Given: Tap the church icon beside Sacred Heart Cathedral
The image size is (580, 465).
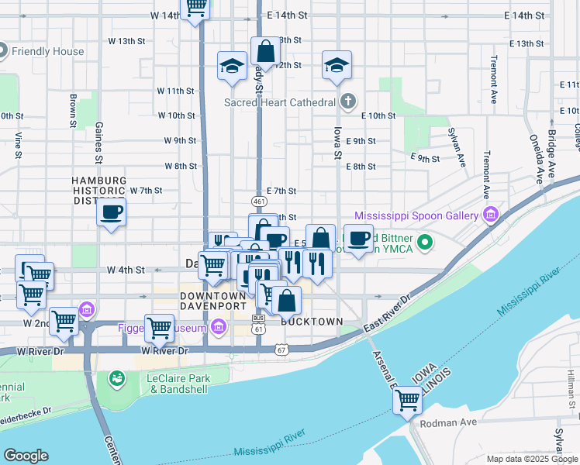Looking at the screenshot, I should pos(349,102).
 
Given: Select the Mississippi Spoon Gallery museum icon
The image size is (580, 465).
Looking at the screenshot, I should pos(490,214).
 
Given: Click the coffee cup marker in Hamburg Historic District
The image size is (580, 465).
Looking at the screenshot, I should pos(112,212).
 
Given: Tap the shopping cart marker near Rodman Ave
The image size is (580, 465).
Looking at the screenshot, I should pos(407,401).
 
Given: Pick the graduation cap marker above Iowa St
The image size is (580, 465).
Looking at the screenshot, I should pos(337,66).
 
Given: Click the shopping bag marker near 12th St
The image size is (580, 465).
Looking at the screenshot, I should pos(265,52).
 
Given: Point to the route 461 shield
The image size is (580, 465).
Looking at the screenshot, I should pos(260,201).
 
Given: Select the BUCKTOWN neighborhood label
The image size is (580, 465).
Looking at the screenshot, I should pos(312,321).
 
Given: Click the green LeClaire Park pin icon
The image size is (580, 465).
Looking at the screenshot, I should pos(118,379).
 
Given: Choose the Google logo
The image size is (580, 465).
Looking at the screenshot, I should pos(27,456).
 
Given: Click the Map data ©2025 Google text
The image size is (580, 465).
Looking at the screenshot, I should pos(532,459).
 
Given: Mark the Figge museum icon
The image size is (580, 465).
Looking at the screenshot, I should pos(218,329).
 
